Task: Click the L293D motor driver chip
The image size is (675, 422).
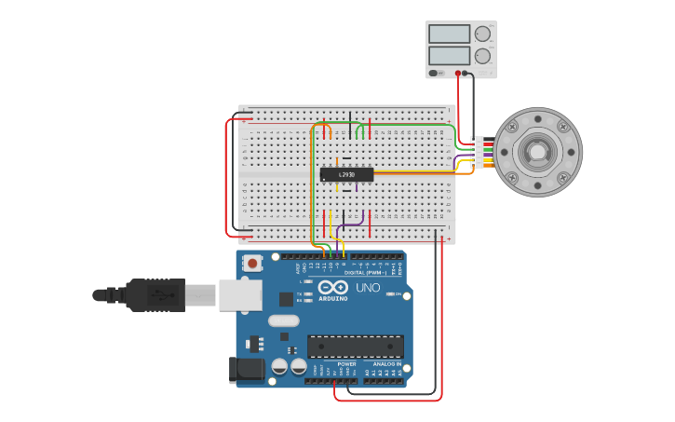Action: (346, 174)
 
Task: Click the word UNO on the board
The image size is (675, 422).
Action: (368, 288)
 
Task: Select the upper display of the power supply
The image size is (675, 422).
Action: (449, 34)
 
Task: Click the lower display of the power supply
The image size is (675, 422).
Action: (449, 56)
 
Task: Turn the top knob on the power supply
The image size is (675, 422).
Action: (482, 34)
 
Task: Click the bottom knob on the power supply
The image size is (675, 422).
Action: (482, 56)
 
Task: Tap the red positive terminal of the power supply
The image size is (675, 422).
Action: (458, 73)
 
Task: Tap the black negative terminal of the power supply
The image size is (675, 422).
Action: (471, 73)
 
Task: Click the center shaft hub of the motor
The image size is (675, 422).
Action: (537, 152)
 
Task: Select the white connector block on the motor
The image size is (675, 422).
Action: (478, 152)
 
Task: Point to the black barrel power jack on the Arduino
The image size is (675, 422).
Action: (248, 368)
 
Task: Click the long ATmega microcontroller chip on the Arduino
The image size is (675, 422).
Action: (356, 347)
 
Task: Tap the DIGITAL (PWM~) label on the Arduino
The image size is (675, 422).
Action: (365, 273)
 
